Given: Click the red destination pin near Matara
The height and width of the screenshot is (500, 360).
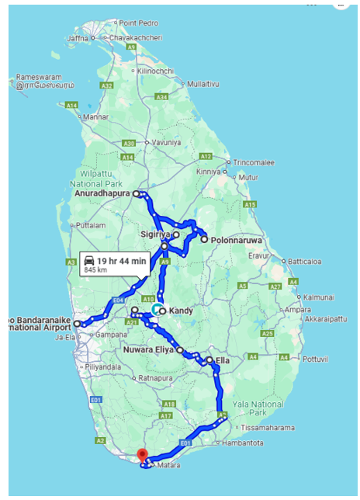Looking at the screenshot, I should point(141,454).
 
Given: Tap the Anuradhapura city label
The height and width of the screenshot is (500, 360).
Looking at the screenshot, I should point(104,193).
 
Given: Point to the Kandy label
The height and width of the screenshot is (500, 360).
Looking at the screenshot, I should point(181,311).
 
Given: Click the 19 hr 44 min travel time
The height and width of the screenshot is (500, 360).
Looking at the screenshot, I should point(122,261).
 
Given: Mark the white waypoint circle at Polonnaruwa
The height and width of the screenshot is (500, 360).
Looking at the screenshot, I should point(204,240).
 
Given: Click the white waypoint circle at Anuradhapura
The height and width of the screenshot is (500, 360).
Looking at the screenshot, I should point(136,193).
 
